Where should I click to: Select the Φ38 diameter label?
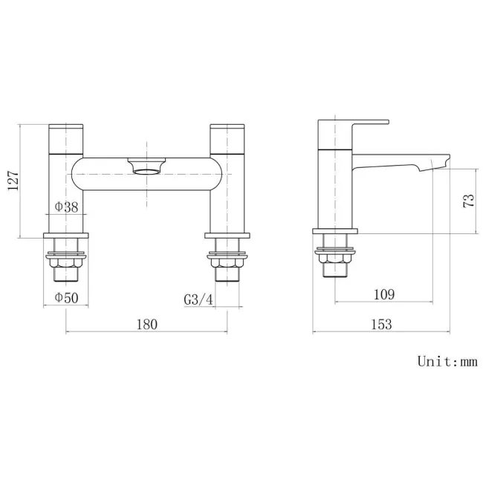(x=66, y=208)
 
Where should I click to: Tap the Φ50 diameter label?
(x=66, y=298)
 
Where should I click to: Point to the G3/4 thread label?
(x=198, y=299)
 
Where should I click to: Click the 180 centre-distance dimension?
(x=146, y=324)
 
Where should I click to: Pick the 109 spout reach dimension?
(x=383, y=294)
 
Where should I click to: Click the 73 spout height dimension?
(x=468, y=201)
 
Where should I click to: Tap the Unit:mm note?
(x=447, y=362)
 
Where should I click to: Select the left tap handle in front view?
(x=66, y=137)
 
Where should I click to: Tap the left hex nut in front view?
(x=66, y=261)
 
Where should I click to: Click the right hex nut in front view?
(x=227, y=261)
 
